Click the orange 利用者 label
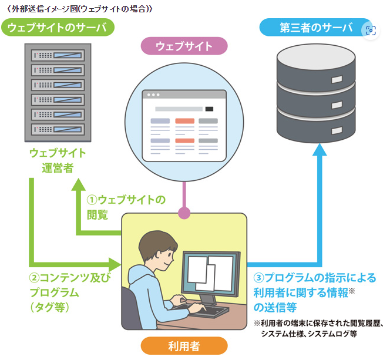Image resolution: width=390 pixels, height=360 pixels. tap(184, 346)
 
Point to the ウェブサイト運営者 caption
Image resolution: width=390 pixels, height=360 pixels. tap(57, 160)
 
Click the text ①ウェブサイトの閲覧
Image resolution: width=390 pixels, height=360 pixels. tap(126, 207)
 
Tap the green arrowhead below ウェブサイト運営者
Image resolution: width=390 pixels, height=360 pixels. tap(80, 186)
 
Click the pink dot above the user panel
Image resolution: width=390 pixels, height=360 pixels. tap(184, 213)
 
